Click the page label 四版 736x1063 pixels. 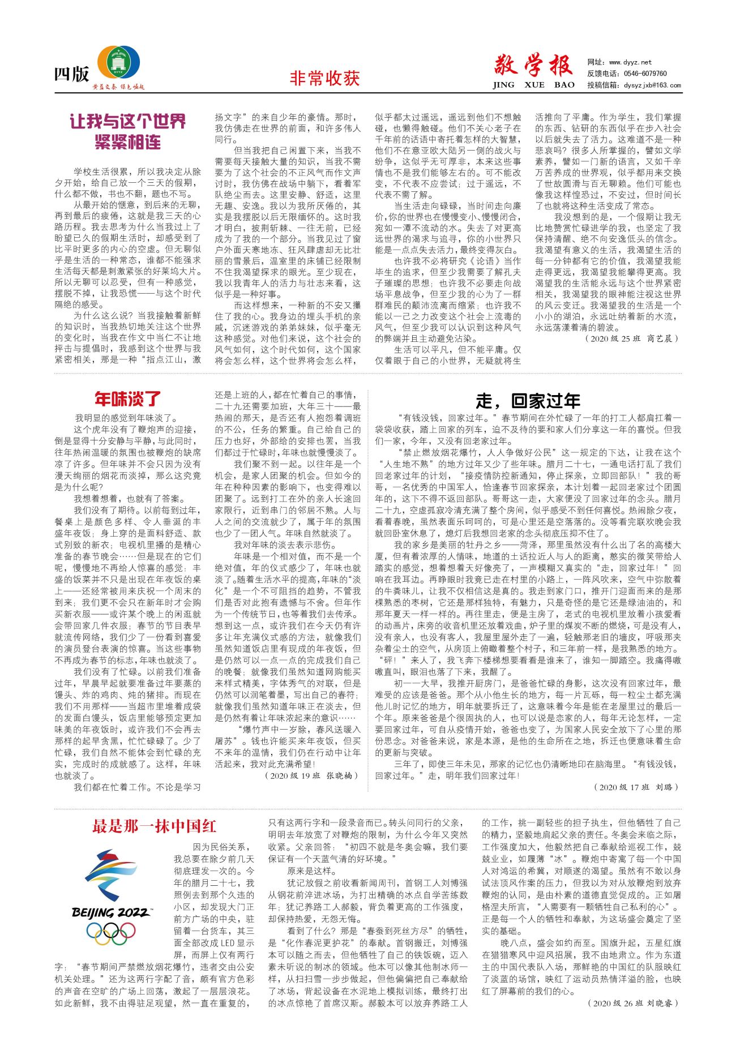pos(71,74)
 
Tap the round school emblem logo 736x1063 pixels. pos(119,63)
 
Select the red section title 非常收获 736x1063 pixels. pos(324,78)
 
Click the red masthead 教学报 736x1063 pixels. pos(533,66)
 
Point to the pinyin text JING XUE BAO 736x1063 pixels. pos(533,85)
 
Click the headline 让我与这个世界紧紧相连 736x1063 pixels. pos(127,131)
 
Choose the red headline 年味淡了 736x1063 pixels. pos(128,399)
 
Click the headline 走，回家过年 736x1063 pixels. pos(528,401)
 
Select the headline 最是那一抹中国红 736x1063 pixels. pos(155,826)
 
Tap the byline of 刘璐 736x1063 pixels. pos(636,787)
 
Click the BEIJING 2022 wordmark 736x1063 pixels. pos(110,912)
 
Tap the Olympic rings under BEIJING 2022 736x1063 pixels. pos(111,932)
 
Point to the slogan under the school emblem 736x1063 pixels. pos(119,87)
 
